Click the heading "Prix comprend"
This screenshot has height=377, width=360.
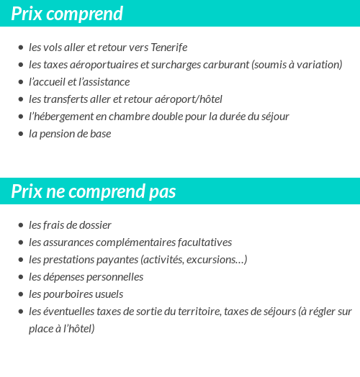pyautogui.click(x=67, y=14)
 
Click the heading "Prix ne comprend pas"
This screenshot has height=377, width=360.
pyautogui.click(x=94, y=192)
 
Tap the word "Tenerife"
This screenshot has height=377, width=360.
pyautogui.click(x=168, y=47)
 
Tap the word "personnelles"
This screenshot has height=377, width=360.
pyautogui.click(x=114, y=277)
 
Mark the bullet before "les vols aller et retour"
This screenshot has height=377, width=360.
pyautogui.click(x=20, y=48)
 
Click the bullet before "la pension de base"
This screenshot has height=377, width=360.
pyautogui.click(x=20, y=135)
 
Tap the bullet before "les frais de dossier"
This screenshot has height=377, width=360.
pyautogui.click(x=20, y=226)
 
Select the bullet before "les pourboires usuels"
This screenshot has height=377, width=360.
pyautogui.click(x=20, y=295)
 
